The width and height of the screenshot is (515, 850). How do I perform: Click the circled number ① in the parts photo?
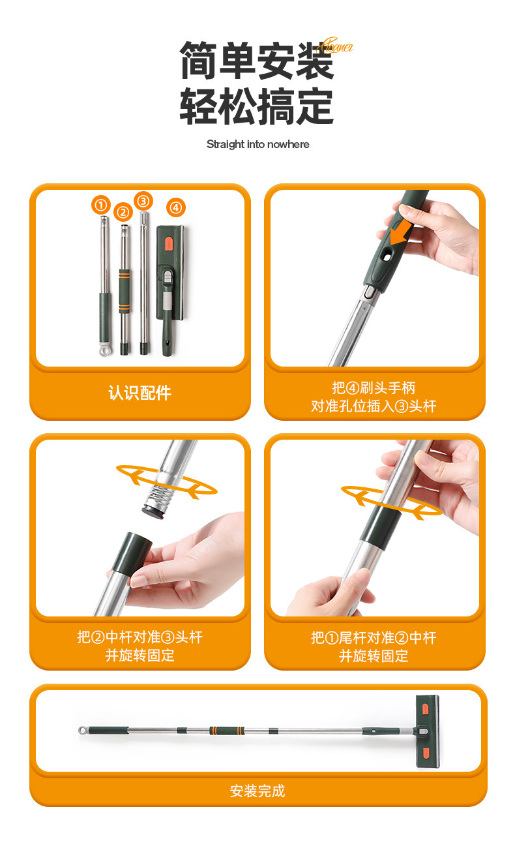[100, 205]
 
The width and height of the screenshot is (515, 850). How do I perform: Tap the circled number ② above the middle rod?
[123, 212]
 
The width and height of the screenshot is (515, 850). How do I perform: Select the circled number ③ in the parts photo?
[143, 200]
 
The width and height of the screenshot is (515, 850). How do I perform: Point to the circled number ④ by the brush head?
[176, 207]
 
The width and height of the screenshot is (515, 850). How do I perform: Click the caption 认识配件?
[140, 393]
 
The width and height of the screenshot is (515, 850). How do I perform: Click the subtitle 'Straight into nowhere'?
[257, 144]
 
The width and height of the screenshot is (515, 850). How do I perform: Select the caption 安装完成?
[257, 791]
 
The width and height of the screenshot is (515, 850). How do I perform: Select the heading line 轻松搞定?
[257, 106]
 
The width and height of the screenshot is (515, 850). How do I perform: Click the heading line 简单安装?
[257, 60]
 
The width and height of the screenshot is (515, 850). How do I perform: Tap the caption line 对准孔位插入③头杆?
[374, 406]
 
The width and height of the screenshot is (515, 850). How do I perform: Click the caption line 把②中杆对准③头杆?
[140, 637]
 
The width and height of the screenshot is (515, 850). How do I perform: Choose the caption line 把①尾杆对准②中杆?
[374, 637]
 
